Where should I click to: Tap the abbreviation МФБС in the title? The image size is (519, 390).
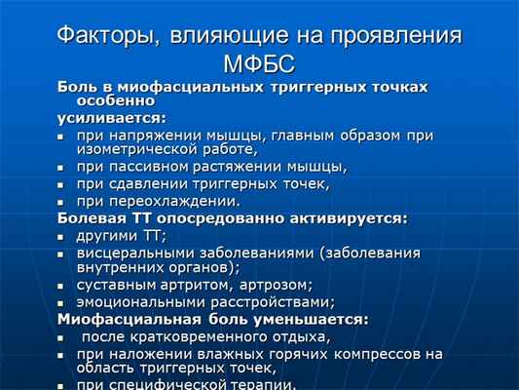click(261, 65)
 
